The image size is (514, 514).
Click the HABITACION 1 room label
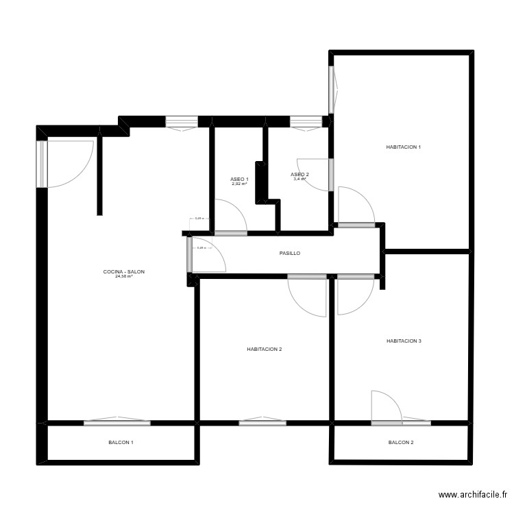(403, 147)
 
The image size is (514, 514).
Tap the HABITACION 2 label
(265, 350)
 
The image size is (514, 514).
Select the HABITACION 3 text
(404, 341)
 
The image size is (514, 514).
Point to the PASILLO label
(290, 254)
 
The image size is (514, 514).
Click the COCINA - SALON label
(124, 272)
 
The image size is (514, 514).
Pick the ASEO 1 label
(239, 180)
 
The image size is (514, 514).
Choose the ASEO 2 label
(300, 174)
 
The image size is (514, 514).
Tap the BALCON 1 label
(121, 443)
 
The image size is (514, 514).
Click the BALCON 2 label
(401, 443)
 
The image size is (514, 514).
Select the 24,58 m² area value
(124, 277)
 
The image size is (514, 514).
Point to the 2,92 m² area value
(239, 184)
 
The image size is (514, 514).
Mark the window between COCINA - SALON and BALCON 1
(117, 422)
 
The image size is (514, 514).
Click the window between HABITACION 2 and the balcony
(262, 422)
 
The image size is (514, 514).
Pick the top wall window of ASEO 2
(306, 122)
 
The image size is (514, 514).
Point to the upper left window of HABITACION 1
(332, 89)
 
